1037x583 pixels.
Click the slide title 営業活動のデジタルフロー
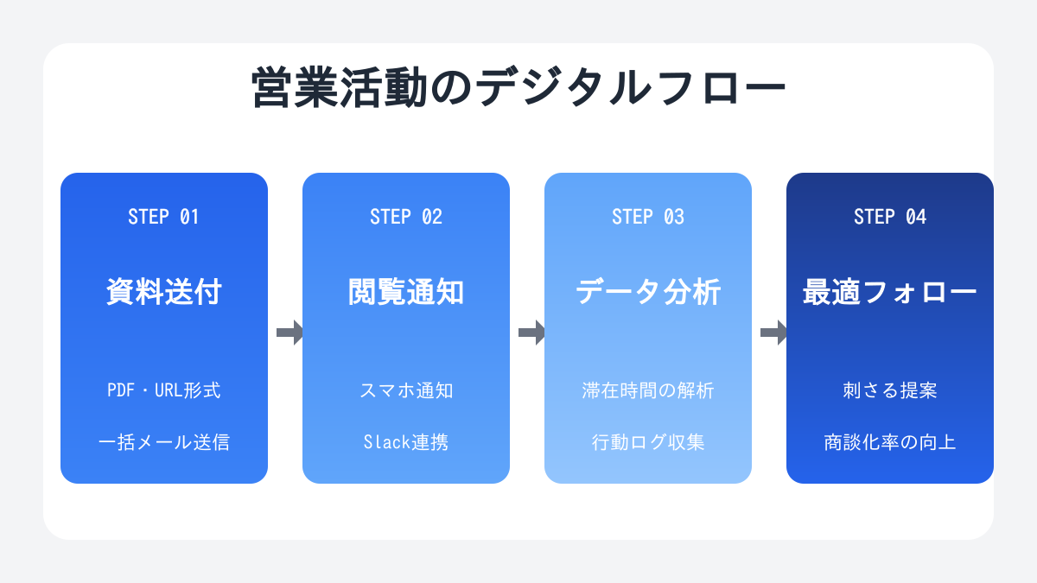pos(518,87)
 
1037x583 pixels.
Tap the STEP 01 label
pos(163,217)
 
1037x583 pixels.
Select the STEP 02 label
pos(406,217)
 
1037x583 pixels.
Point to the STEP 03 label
pos(647,217)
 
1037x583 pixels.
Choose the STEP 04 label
pos(890,217)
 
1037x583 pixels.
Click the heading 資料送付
pos(164,292)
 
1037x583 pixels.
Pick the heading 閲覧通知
pos(406,292)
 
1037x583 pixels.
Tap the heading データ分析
pos(647,292)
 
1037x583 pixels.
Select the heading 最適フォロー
pos(890,292)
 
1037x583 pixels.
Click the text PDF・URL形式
pos(164,390)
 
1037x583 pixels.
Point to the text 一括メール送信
pos(164,442)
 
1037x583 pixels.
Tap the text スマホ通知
pos(406,390)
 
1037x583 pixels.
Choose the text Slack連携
pos(406,442)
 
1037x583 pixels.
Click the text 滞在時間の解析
pos(647,390)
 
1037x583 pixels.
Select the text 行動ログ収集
pos(647,442)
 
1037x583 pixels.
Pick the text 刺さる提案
pos(890,390)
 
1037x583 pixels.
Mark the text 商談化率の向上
pos(890,442)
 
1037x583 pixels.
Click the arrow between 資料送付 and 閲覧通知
pos(289,333)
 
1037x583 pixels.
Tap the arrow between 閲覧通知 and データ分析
pos(531,333)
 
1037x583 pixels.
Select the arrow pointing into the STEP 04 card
pos(773,333)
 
